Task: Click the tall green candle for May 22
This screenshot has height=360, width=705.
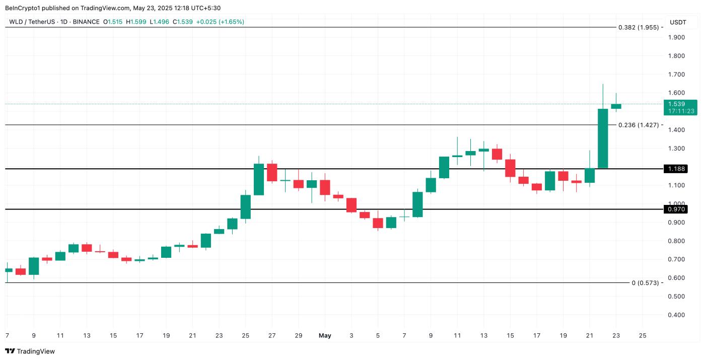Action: point(603,138)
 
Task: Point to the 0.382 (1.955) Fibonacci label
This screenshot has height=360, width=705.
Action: point(638,27)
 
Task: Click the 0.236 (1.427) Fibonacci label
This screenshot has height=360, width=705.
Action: point(638,125)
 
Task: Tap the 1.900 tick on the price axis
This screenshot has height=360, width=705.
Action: point(676,37)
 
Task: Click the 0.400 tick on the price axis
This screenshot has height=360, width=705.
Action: point(676,315)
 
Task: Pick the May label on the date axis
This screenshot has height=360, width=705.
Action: point(325,335)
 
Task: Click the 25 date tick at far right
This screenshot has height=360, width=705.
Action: point(642,335)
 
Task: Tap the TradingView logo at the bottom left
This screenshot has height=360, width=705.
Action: point(30,351)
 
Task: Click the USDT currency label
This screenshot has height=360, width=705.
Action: point(678,22)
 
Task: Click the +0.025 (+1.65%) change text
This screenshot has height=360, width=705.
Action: point(220,22)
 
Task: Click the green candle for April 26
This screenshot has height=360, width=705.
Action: point(259,179)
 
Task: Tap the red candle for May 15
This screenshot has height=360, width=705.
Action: point(510,168)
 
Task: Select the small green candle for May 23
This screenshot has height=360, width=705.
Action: point(616,106)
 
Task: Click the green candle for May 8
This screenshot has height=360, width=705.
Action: point(417,204)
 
